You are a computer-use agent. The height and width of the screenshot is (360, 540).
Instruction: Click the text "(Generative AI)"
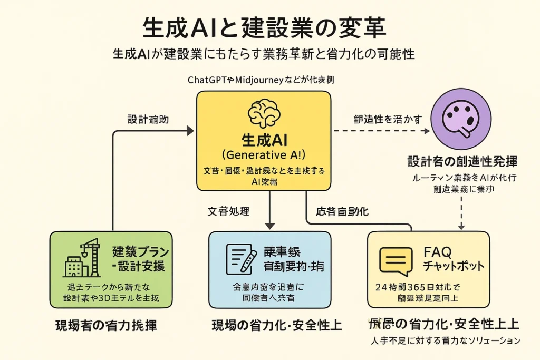(263, 155)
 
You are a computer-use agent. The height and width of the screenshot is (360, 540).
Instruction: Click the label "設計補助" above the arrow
(148, 119)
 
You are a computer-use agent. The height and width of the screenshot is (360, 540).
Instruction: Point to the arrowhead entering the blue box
(269, 226)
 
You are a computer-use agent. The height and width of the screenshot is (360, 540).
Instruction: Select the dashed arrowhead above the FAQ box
(461, 226)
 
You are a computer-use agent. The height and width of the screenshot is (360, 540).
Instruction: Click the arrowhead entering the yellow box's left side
(190, 130)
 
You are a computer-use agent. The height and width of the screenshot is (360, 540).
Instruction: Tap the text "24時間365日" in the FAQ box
(404, 288)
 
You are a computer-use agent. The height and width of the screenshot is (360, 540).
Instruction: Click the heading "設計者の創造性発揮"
(462, 161)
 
